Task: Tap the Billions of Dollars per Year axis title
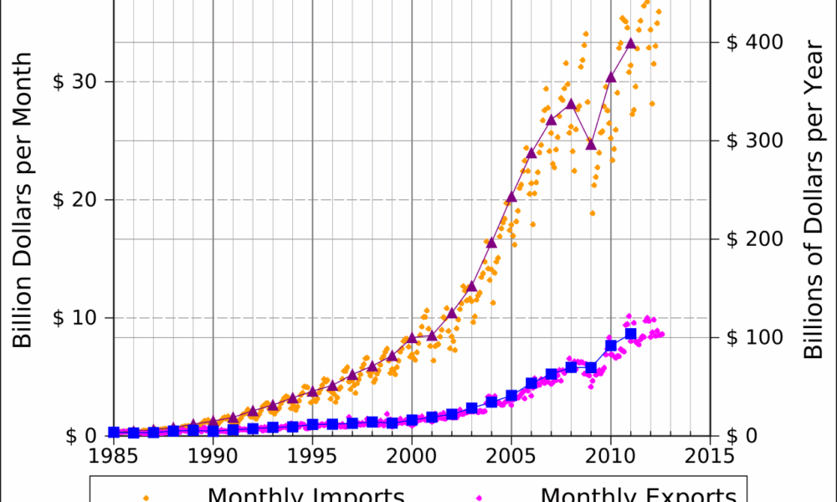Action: tap(814, 200)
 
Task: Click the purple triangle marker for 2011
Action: tap(630, 43)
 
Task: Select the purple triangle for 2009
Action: tap(591, 144)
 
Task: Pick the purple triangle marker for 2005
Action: tap(511, 197)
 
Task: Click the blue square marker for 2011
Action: tap(630, 334)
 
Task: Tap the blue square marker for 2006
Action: tap(531, 383)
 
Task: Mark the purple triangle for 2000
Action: tap(412, 338)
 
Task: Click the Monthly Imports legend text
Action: tap(306, 494)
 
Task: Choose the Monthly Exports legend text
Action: tap(639, 494)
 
